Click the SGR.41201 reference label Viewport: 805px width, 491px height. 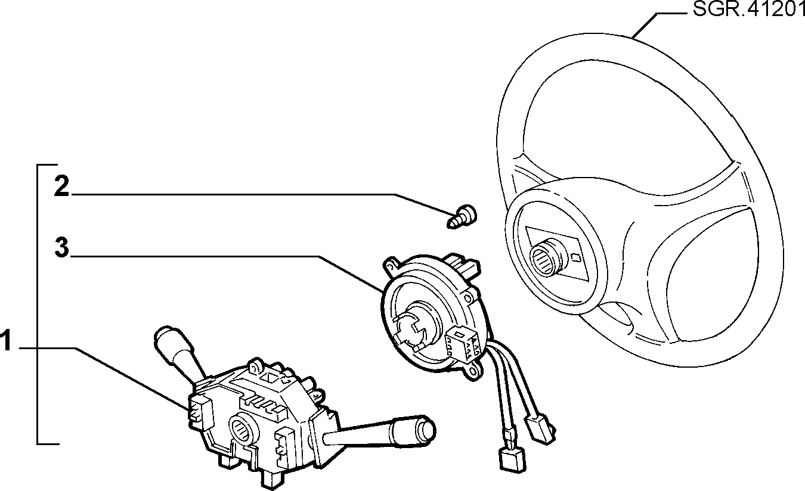748,10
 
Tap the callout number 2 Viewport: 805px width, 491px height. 61,186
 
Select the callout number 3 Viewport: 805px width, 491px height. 62,247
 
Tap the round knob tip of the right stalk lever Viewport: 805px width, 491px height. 427,431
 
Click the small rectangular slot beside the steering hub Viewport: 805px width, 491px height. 576,257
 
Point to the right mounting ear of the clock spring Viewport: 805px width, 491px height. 469,297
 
